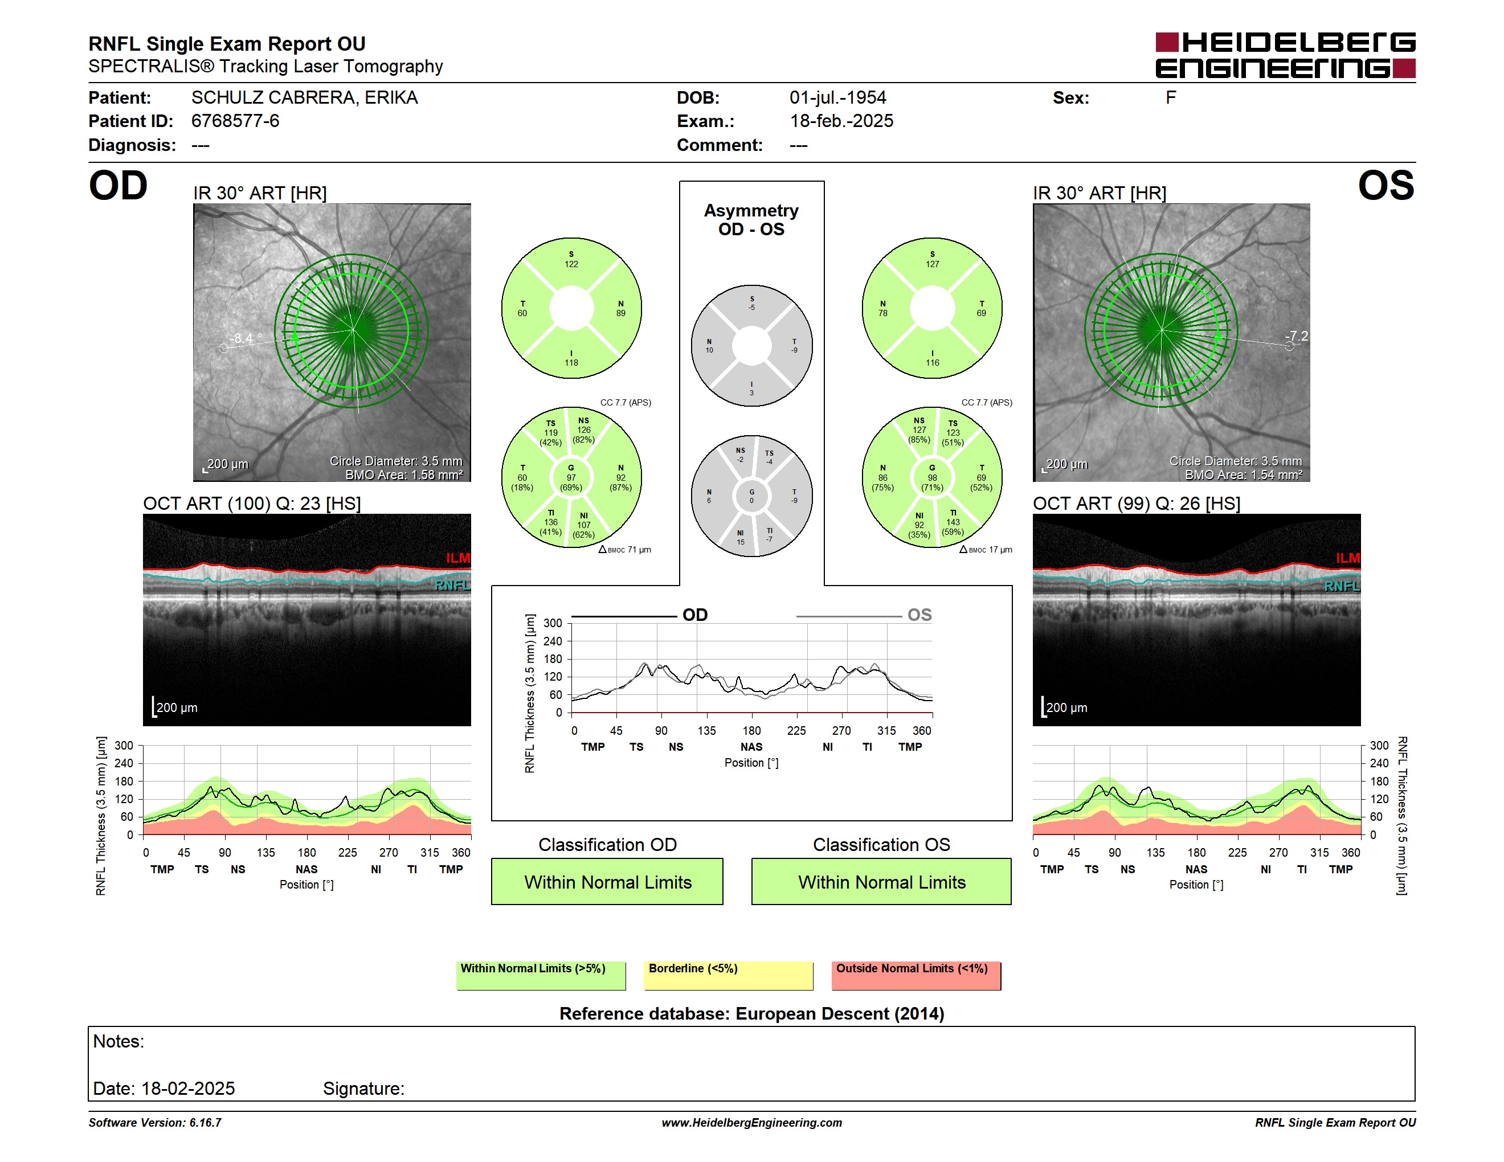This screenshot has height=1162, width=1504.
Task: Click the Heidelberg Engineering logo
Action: [1285, 55]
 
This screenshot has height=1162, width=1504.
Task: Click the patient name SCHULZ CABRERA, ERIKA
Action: [304, 98]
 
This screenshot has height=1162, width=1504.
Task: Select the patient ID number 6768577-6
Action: [235, 121]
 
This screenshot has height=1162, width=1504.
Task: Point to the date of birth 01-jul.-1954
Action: [837, 98]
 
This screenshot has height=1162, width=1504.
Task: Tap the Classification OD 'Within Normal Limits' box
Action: [607, 881]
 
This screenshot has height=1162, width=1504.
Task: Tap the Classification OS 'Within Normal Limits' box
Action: [881, 881]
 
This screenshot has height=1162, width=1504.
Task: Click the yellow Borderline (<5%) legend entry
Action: [729, 975]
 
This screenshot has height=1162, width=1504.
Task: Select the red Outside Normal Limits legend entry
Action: [917, 975]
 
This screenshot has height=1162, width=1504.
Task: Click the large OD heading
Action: [118, 186]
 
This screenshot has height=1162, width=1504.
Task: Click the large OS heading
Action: [1386, 186]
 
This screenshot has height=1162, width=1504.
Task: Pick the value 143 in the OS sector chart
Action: [953, 522]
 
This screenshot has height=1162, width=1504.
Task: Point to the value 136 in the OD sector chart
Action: [551, 522]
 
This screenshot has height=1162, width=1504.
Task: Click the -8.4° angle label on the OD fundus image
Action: [247, 338]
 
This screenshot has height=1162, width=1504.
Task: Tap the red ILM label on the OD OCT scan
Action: [457, 558]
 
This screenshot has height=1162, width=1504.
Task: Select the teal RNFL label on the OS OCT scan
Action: [1342, 586]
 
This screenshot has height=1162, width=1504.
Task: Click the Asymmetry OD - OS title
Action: [751, 220]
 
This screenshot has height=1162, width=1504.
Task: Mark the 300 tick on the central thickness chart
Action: [553, 623]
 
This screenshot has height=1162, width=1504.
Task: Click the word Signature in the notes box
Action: [363, 1089]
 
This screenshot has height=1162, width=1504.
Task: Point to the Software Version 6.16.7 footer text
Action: [155, 1123]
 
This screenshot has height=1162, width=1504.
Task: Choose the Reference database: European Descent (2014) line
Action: [751, 1014]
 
